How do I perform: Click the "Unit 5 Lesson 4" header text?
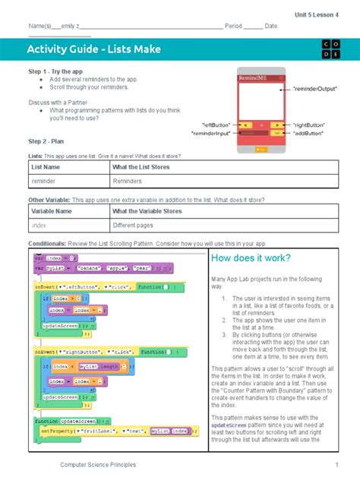[317, 14]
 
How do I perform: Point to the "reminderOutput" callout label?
[316, 89]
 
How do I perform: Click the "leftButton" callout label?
[215, 123]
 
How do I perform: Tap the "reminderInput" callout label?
[210, 132]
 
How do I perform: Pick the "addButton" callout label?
[311, 132]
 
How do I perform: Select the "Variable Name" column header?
[52, 211]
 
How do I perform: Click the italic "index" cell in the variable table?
[39, 226]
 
